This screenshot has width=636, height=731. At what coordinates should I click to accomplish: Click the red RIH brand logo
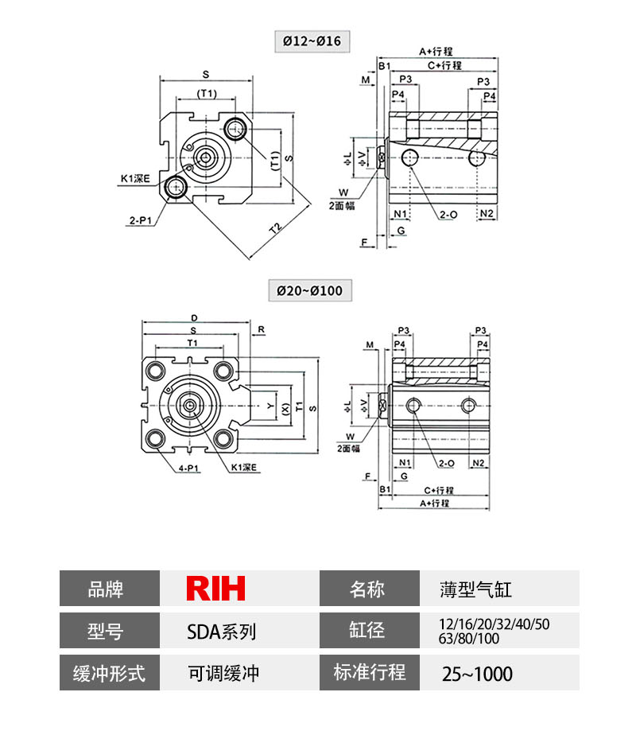coord(215,589)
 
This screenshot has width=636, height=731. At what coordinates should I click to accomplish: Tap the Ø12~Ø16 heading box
coord(311,41)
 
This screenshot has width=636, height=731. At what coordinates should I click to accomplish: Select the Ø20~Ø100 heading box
coord(309,290)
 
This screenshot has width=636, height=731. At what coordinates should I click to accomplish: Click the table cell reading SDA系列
coord(221,632)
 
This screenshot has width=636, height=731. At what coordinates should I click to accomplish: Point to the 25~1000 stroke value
coord(477,674)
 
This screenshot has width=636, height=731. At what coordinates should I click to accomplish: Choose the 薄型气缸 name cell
coord(475,589)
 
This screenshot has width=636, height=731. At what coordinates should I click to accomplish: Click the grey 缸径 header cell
coord(368,632)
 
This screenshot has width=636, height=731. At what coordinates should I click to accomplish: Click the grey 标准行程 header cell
coord(368,673)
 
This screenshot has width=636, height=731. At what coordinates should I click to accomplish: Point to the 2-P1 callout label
coord(141,220)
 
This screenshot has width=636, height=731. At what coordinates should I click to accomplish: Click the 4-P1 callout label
coord(188,469)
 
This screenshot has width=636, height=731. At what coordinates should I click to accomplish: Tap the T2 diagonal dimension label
coord(275,228)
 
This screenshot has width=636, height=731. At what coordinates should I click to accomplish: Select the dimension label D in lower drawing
coord(195,317)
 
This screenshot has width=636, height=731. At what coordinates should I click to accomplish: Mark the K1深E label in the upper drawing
coord(134,180)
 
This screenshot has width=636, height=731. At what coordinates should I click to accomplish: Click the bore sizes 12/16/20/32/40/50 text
coord(494,624)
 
